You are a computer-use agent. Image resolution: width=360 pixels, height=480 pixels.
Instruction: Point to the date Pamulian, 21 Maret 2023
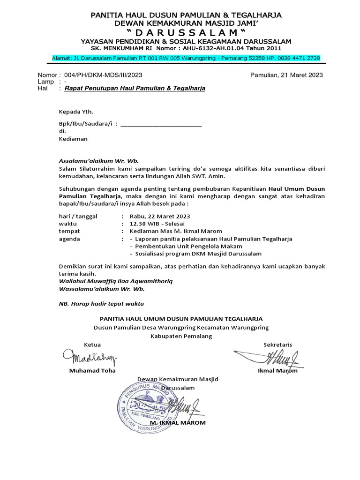[x=286, y=75]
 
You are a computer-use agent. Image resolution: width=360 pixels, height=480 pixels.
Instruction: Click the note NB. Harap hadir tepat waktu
[x=101, y=303]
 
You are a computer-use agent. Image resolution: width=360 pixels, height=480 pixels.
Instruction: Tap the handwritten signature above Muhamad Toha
[x=89, y=359]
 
